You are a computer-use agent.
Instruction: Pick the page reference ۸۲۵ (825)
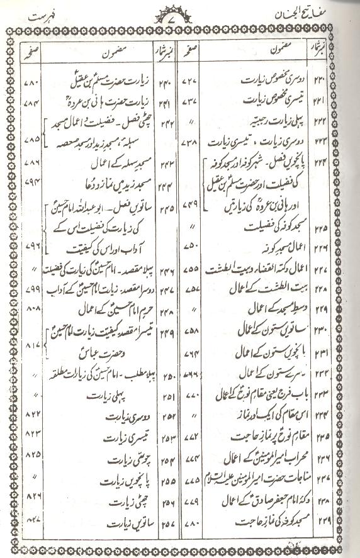pos(31,455)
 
